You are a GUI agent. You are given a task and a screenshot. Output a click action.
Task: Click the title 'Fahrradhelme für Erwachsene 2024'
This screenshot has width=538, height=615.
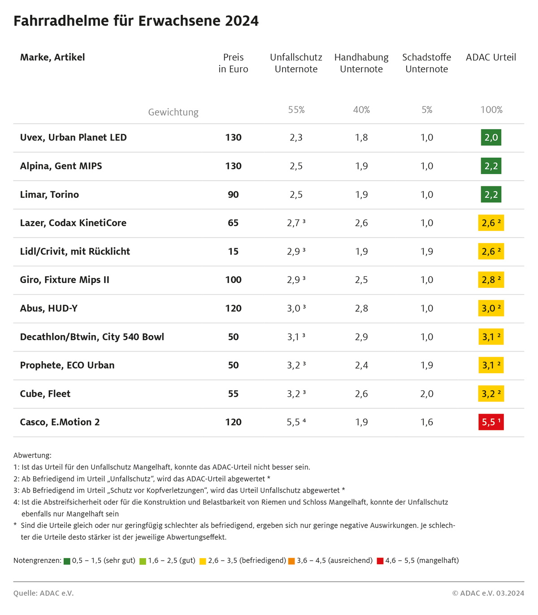(x=136, y=21)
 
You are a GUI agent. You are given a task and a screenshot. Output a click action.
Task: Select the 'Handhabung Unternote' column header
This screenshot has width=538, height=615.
(x=361, y=63)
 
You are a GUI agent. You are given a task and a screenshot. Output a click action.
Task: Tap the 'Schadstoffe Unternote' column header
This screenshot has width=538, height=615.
(x=426, y=63)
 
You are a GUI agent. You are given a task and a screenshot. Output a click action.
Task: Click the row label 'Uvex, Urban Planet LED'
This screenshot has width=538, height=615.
(x=73, y=138)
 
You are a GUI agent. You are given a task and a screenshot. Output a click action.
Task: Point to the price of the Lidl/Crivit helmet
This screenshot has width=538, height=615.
(x=233, y=252)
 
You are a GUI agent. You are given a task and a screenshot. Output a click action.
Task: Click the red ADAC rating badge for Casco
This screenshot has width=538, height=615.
(x=491, y=422)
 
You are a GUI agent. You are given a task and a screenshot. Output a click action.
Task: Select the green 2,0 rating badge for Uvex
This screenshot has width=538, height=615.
(x=491, y=138)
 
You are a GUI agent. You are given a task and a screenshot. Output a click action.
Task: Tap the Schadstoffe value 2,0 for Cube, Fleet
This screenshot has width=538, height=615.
(x=427, y=394)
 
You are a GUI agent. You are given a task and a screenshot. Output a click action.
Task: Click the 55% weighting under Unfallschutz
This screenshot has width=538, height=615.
(x=296, y=110)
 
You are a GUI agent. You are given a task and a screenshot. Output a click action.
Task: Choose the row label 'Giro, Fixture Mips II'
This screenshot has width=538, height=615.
(x=65, y=280)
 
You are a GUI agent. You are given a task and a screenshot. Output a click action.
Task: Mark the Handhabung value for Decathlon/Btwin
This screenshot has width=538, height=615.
(x=361, y=337)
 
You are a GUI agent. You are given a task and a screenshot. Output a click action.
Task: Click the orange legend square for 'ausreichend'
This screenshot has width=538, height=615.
(x=291, y=561)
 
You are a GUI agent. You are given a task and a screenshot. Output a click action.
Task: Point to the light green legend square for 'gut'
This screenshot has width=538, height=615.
(x=143, y=561)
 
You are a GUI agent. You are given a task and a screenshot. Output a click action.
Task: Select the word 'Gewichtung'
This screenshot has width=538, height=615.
(x=173, y=112)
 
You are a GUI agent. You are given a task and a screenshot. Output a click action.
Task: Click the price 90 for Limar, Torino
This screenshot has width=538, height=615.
(x=233, y=195)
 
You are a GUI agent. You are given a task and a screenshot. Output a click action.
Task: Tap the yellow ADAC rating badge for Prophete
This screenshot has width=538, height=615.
(x=491, y=365)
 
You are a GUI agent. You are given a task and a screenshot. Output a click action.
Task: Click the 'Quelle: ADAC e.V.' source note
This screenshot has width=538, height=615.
(x=43, y=593)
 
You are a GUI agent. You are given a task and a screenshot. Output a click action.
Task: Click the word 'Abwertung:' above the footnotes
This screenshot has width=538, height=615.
(x=32, y=455)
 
